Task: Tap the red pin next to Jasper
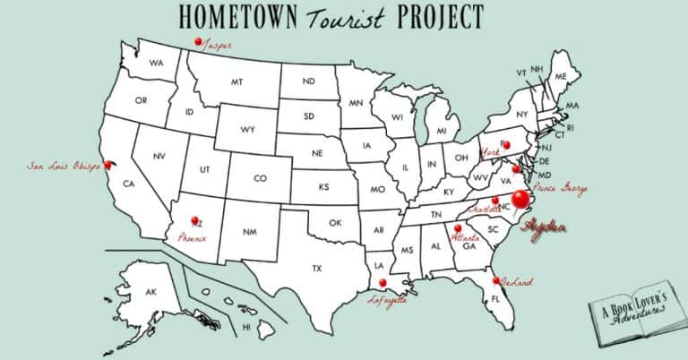198,41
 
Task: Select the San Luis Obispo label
63,166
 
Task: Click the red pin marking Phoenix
193,220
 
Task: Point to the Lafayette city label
388,301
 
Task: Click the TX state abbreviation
316,268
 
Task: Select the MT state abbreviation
237,81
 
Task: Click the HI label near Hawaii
246,328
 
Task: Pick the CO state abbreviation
260,178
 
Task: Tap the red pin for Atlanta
457,228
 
